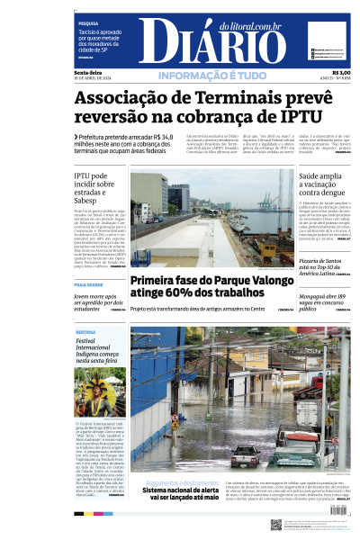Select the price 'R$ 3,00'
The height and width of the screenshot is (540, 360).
point(340,73)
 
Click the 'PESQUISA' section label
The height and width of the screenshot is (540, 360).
point(88,23)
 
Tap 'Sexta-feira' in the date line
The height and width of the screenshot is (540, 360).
point(87,73)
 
